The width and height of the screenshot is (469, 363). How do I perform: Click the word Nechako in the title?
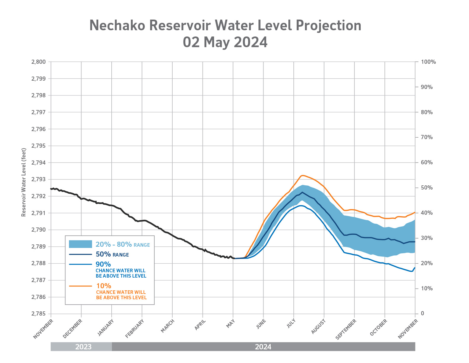click(x=117, y=26)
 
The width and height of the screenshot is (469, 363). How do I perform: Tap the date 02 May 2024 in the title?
click(x=225, y=42)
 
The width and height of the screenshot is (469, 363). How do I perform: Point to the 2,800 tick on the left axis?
click(x=38, y=62)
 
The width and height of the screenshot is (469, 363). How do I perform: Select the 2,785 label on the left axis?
click(x=38, y=314)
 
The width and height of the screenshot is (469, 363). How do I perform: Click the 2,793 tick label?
click(x=38, y=179)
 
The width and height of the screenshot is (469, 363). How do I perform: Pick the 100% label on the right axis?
click(x=428, y=62)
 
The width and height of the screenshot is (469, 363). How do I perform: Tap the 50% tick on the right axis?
click(x=426, y=188)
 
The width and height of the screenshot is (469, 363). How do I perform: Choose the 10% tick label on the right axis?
click(x=426, y=289)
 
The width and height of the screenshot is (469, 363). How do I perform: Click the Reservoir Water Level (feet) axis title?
click(x=24, y=182)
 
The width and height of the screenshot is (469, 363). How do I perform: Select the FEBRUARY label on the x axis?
click(x=135, y=328)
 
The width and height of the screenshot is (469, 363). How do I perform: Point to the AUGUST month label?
click(x=319, y=327)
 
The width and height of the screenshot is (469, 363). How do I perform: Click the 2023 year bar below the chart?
click(x=83, y=347)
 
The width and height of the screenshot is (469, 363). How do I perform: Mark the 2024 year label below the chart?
click(x=263, y=347)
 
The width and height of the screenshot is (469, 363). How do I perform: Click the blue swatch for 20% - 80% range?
click(x=80, y=244)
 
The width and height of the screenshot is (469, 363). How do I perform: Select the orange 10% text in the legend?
click(x=104, y=286)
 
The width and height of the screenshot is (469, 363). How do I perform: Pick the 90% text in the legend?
click(x=103, y=264)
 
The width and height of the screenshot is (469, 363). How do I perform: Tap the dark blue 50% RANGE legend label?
click(x=112, y=254)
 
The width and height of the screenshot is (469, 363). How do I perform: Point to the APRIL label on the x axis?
click(x=200, y=325)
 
